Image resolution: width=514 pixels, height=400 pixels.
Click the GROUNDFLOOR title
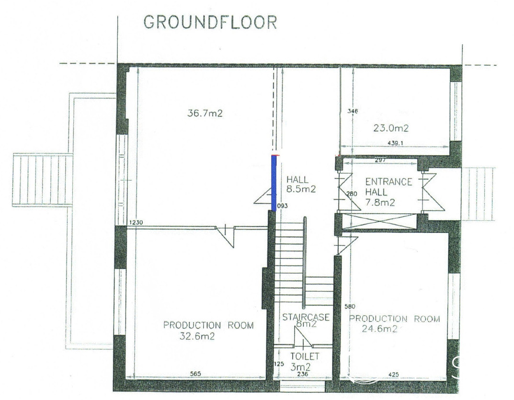(x=210, y=23)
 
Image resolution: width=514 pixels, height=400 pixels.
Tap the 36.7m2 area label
(x=205, y=114)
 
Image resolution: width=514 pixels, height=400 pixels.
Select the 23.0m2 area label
(x=391, y=128)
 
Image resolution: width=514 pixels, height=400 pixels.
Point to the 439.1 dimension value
(x=395, y=143)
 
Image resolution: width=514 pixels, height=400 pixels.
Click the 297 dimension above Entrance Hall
(x=380, y=160)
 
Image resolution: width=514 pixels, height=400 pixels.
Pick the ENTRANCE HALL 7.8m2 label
(x=388, y=192)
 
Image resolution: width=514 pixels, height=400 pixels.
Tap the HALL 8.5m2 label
(x=301, y=184)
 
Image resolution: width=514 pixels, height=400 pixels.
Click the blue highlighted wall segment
(x=274, y=183)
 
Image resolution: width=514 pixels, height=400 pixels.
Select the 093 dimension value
(x=282, y=206)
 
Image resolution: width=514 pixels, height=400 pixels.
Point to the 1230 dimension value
(x=136, y=222)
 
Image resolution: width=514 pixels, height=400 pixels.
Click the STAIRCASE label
(x=306, y=317)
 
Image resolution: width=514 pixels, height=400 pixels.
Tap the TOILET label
(x=305, y=356)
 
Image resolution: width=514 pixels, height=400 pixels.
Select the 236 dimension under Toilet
(x=302, y=374)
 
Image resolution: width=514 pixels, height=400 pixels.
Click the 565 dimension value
(x=195, y=374)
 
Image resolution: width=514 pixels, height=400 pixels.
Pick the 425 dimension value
(x=393, y=375)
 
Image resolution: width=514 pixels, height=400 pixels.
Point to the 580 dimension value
(x=350, y=307)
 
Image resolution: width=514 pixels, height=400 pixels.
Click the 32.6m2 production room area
(x=197, y=336)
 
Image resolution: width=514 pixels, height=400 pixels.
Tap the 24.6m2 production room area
(x=379, y=329)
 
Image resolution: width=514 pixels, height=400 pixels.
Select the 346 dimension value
(x=353, y=111)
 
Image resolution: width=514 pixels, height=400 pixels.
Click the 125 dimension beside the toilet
(x=279, y=364)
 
